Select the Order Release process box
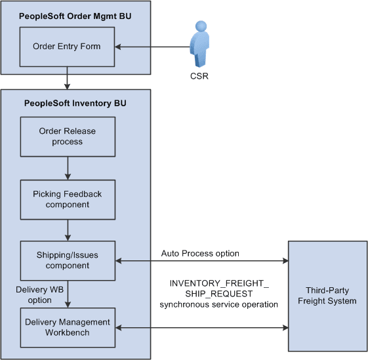click(x=68, y=136)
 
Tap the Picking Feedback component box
click(x=68, y=200)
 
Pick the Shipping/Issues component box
click(x=68, y=261)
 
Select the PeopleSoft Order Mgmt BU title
click(x=75, y=16)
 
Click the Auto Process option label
click(x=200, y=253)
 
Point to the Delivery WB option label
click(x=35, y=294)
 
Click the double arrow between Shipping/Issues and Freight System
click(x=201, y=261)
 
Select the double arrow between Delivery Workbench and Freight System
click(x=201, y=326)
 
